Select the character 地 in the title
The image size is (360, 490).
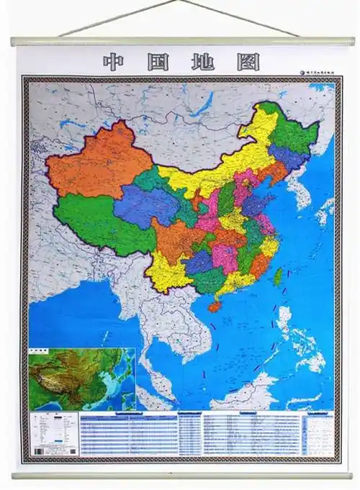[x=203, y=62]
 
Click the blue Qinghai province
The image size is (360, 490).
[x=144, y=205]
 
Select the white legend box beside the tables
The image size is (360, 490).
[x=53, y=435]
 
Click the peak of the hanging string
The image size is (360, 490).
[x=180, y=2]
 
